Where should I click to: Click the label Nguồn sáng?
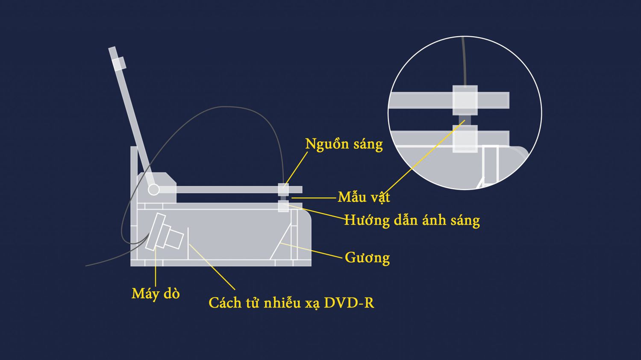click(344, 144)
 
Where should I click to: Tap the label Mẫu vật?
click(363, 197)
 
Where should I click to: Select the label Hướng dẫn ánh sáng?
click(412, 220)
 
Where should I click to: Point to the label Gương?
click(367, 258)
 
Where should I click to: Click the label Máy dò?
click(156, 294)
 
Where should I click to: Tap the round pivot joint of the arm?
click(153, 190)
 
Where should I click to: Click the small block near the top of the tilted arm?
click(119, 64)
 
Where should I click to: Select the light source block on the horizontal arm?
click(284, 189)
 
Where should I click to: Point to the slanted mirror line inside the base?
click(280, 242)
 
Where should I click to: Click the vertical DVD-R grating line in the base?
click(188, 243)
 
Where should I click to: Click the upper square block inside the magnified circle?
click(465, 100)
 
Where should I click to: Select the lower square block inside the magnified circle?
click(465, 139)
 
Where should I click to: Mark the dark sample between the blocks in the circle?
click(465, 120)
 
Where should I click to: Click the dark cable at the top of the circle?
click(464, 61)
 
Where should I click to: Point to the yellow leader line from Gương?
click(312, 251)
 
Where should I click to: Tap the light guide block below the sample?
click(284, 206)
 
